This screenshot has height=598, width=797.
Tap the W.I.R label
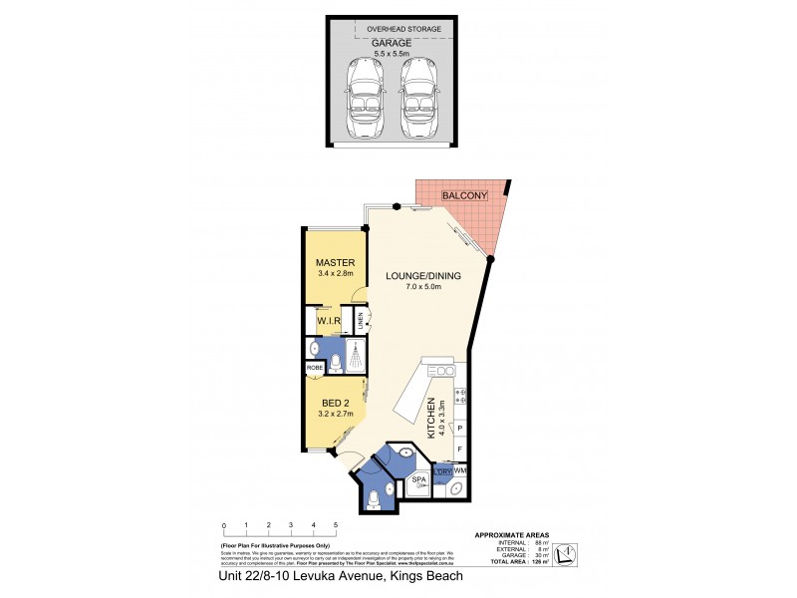pyautogui.click(x=329, y=321)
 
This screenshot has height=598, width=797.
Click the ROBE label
pyautogui.click(x=315, y=367)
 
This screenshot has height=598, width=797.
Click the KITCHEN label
pyautogui.click(x=433, y=419)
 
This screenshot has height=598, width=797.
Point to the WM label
pyautogui.click(x=461, y=469)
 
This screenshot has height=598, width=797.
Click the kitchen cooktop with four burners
pyautogui.click(x=460, y=398)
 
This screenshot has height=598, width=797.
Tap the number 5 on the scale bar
pyautogui.click(x=336, y=524)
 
